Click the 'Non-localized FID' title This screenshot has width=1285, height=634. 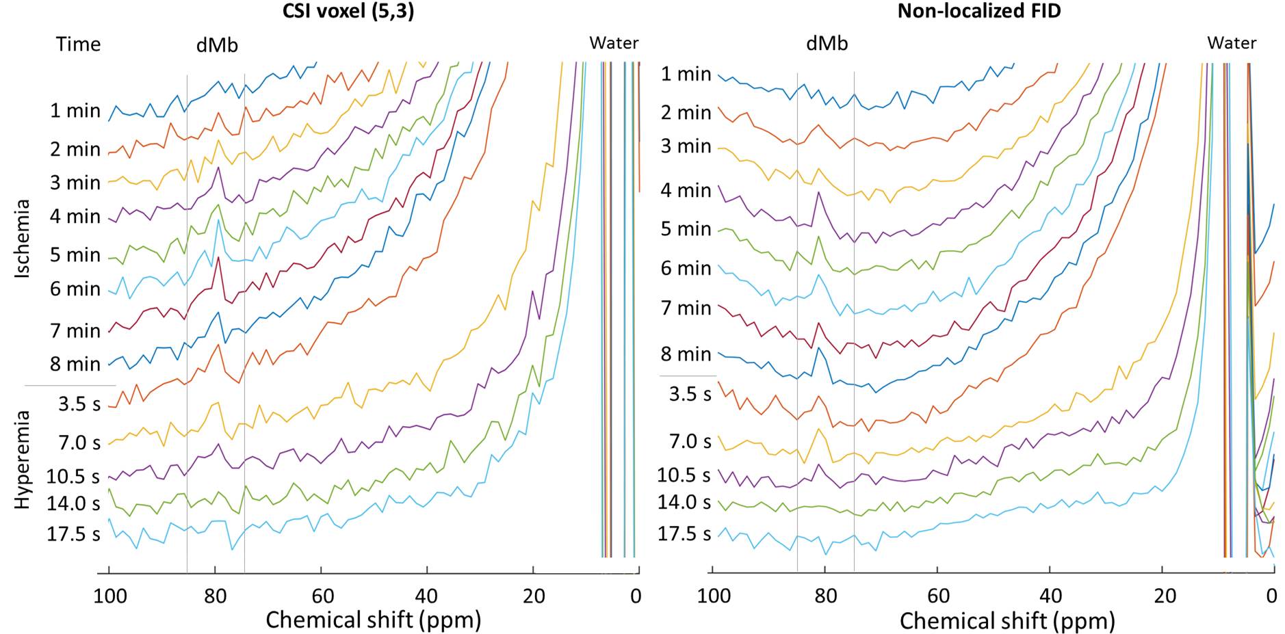point(978,11)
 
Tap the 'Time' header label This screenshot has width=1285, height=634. point(78,44)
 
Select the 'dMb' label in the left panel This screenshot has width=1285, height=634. point(217,45)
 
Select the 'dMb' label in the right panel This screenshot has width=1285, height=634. point(827,44)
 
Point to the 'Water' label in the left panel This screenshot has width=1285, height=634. point(614,43)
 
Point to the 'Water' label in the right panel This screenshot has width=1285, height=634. point(1232,43)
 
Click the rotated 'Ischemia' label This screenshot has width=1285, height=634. point(23,238)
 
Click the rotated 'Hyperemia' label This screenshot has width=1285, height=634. point(23,460)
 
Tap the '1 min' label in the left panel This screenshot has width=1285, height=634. point(75,111)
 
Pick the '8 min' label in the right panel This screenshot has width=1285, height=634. point(686,354)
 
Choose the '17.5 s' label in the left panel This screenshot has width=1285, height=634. point(73,534)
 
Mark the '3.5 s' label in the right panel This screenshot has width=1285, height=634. point(690,394)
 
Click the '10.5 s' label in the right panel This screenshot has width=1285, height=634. point(684,475)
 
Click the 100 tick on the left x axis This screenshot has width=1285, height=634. point(109,596)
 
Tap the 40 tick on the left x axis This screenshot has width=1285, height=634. point(427,596)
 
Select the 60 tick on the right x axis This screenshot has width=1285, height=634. point(938,596)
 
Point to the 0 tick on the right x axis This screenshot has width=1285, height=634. point(1271,596)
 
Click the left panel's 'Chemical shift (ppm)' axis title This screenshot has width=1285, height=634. point(373,620)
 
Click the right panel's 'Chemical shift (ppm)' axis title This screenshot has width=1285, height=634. point(1007,620)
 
